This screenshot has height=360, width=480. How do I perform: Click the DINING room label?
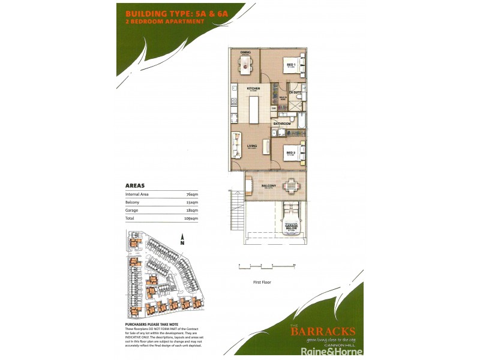[x=245, y=53]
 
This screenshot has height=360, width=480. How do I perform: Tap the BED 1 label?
[x=290, y=65]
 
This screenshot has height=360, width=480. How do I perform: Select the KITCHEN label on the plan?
[x=253, y=89]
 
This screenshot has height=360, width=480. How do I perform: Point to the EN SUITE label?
[x=295, y=92]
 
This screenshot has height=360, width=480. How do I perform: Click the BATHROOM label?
[x=283, y=124]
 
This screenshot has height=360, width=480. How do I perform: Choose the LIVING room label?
[x=252, y=145]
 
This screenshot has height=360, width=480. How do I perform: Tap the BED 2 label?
[x=290, y=153]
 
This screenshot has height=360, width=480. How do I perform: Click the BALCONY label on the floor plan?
[x=268, y=187]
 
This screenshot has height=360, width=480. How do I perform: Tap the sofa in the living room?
[x=236, y=145]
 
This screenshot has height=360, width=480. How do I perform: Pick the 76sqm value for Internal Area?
[x=193, y=194]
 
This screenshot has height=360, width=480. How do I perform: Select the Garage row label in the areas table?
[x=132, y=211]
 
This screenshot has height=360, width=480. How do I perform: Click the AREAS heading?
[x=135, y=186]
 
